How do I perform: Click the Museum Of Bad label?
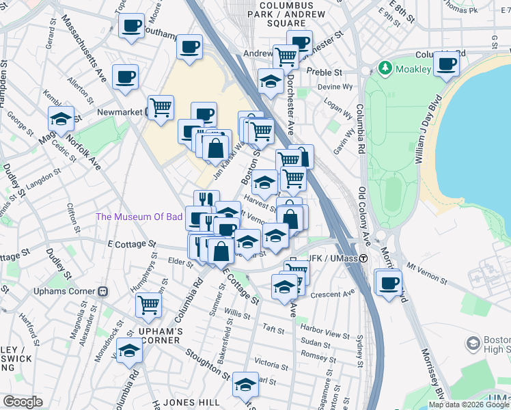tap(139, 217)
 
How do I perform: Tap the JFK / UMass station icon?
tap(364, 259)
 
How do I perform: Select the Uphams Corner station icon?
tap(104, 291)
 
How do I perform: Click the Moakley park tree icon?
tap(385, 68)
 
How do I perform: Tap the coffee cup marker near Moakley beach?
tap(447, 65)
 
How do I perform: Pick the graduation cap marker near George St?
tap(61, 120)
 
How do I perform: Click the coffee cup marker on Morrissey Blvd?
tap(388, 282)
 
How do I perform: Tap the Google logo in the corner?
tap(23, 402)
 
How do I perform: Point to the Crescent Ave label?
tap(333, 295)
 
